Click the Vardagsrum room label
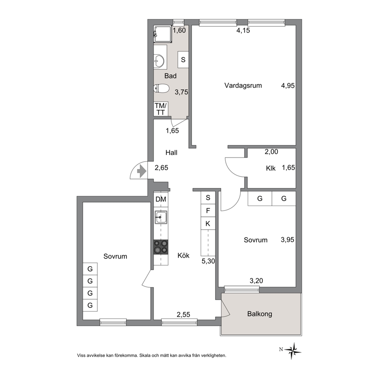click(243, 86)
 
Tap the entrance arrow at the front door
click(141, 172)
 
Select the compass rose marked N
click(293, 351)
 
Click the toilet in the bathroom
click(161, 88)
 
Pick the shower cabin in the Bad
click(163, 34)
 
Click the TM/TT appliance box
click(161, 109)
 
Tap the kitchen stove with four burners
click(161, 247)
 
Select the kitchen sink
click(161, 217)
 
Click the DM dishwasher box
click(161, 199)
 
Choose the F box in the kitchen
click(208, 211)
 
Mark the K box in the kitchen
click(208, 224)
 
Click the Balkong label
click(259, 314)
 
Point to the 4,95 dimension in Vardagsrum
click(288, 86)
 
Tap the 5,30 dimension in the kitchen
click(208, 261)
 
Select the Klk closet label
click(271, 168)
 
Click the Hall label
click(172, 152)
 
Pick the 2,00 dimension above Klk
click(271, 152)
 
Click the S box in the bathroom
click(183, 60)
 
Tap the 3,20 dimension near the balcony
click(256, 281)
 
